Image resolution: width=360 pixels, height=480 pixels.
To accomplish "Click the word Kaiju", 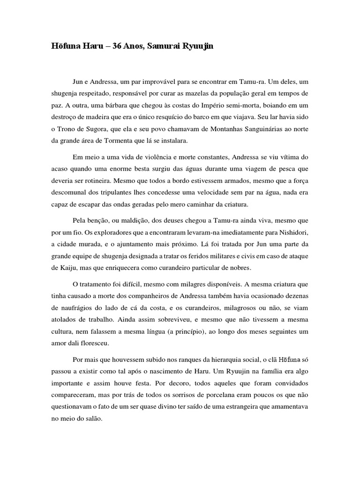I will (x=61, y=268).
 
